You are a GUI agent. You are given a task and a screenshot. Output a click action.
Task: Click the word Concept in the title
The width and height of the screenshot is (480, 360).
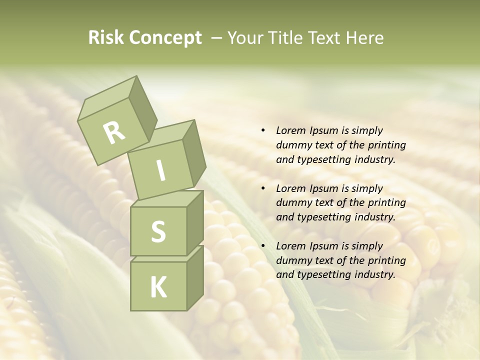click(x=166, y=38)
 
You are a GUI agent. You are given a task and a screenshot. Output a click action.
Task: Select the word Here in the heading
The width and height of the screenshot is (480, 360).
click(x=366, y=38)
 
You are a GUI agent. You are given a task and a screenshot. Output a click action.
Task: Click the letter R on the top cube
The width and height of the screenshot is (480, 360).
click(x=114, y=133)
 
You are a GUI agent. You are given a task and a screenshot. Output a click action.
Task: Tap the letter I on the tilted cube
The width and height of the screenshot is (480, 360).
click(x=160, y=171)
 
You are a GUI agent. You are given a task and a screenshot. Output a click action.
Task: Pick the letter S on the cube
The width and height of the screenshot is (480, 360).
click(x=158, y=231)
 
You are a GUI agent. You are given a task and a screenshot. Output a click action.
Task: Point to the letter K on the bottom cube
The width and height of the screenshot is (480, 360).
click(x=158, y=287)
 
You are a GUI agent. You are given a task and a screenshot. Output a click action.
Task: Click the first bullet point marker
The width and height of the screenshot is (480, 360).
click(x=263, y=131)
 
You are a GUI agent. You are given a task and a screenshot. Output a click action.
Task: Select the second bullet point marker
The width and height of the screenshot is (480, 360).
click(x=263, y=189)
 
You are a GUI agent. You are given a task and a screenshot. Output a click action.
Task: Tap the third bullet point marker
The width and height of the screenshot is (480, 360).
click(x=263, y=246)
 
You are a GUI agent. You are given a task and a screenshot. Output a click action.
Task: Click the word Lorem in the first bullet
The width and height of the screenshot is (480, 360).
click(x=290, y=131)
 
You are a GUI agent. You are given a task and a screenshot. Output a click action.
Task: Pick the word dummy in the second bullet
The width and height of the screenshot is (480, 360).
click(x=293, y=203)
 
